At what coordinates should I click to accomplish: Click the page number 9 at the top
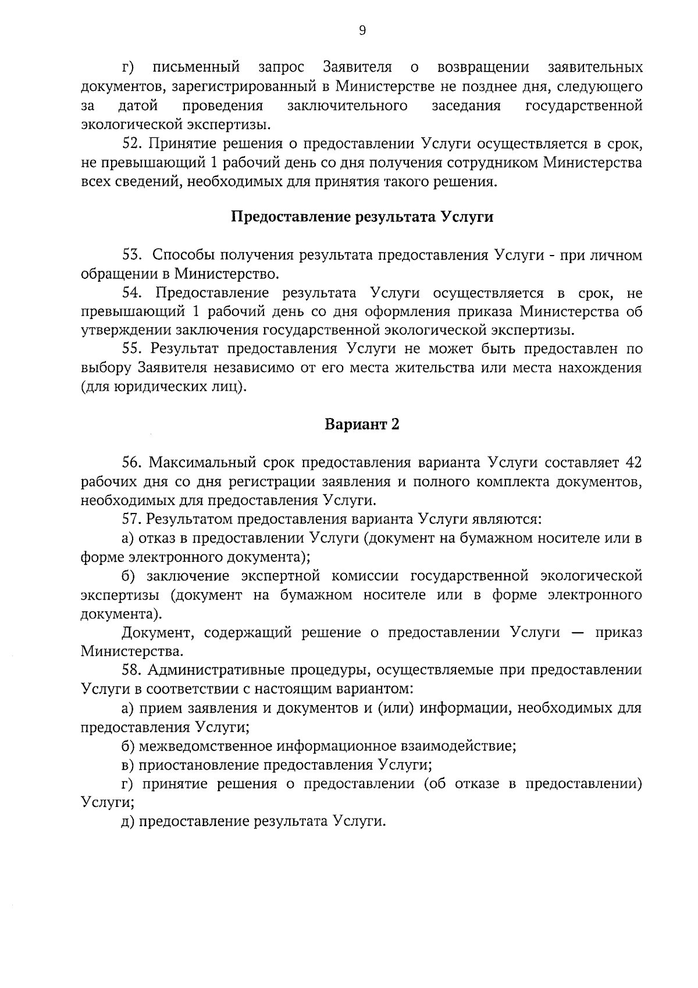(362, 31)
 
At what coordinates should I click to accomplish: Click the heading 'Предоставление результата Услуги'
(362, 217)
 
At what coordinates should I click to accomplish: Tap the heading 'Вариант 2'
(362, 424)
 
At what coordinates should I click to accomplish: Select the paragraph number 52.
(133, 144)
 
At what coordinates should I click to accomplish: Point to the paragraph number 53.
(133, 255)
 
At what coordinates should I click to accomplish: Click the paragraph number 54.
(133, 293)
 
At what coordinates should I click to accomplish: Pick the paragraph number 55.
(133, 349)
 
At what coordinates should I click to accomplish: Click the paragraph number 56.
(133, 463)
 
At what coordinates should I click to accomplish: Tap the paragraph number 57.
(133, 519)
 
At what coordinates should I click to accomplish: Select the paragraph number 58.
(133, 670)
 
